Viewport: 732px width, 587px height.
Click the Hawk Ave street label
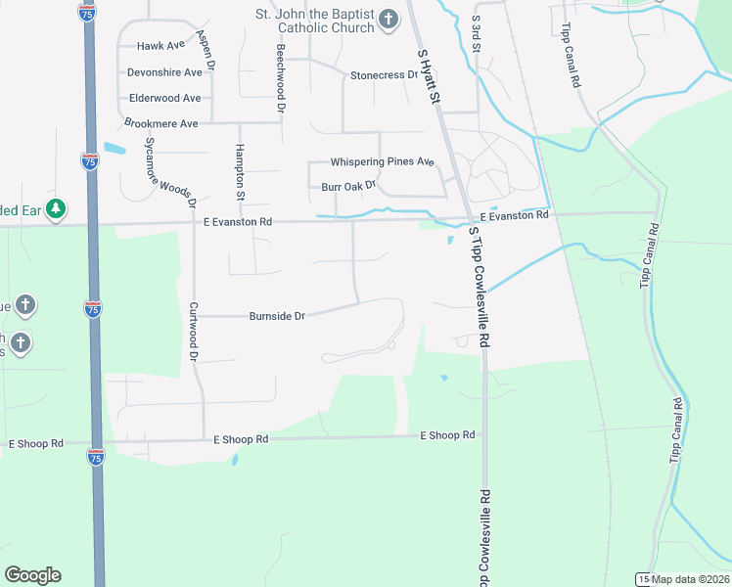click(x=161, y=46)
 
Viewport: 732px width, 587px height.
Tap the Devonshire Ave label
click(x=164, y=72)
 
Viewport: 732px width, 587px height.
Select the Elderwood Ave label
click(x=164, y=98)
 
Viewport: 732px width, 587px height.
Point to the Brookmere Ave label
click(x=161, y=123)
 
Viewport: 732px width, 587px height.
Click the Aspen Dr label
click(x=206, y=49)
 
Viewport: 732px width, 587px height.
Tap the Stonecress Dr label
click(x=384, y=74)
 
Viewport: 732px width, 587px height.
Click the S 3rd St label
click(x=476, y=32)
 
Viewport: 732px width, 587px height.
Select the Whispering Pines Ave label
click(x=382, y=161)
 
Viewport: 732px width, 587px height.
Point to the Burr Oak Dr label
click(x=348, y=186)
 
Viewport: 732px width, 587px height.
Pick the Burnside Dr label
click(x=278, y=316)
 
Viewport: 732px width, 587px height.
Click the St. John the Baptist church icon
click(x=389, y=19)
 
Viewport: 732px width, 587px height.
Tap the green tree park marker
click(x=58, y=207)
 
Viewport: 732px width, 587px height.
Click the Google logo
click(x=32, y=575)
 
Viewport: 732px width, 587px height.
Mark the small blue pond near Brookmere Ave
click(x=114, y=150)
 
